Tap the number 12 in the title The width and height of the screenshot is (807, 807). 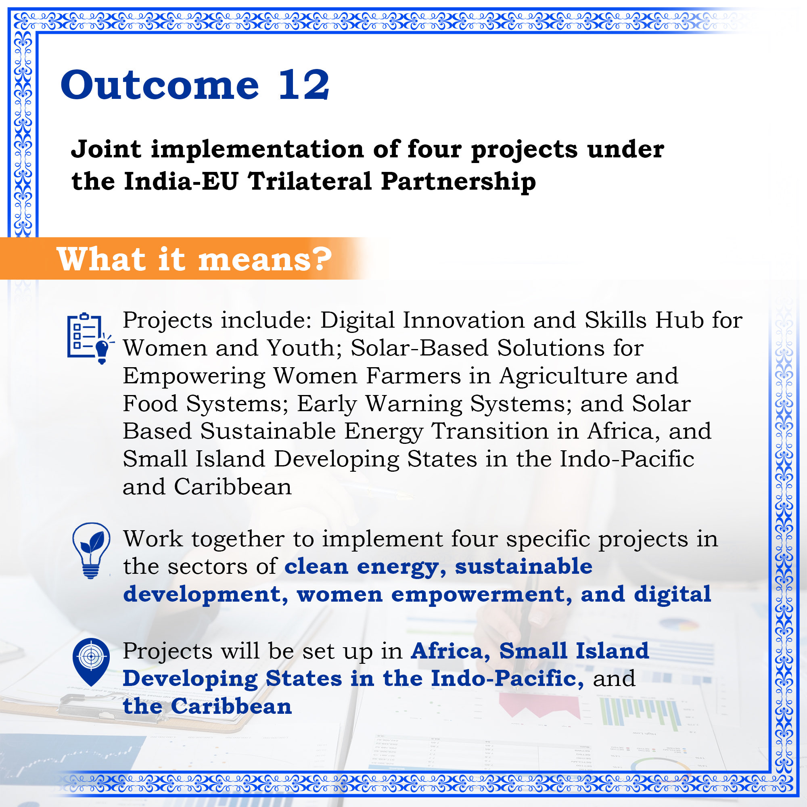click(304, 85)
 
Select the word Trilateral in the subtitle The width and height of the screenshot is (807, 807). click(309, 182)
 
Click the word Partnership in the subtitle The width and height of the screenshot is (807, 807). click(459, 182)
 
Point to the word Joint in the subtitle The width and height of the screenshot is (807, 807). click(106, 149)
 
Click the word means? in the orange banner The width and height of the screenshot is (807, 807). click(265, 259)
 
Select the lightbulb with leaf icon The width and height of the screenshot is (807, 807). click(91, 550)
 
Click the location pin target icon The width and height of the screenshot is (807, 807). click(91, 663)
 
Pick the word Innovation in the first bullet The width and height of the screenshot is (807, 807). click(464, 320)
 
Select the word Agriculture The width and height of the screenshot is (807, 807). click(563, 376)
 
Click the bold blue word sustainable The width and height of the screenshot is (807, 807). click(524, 567)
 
